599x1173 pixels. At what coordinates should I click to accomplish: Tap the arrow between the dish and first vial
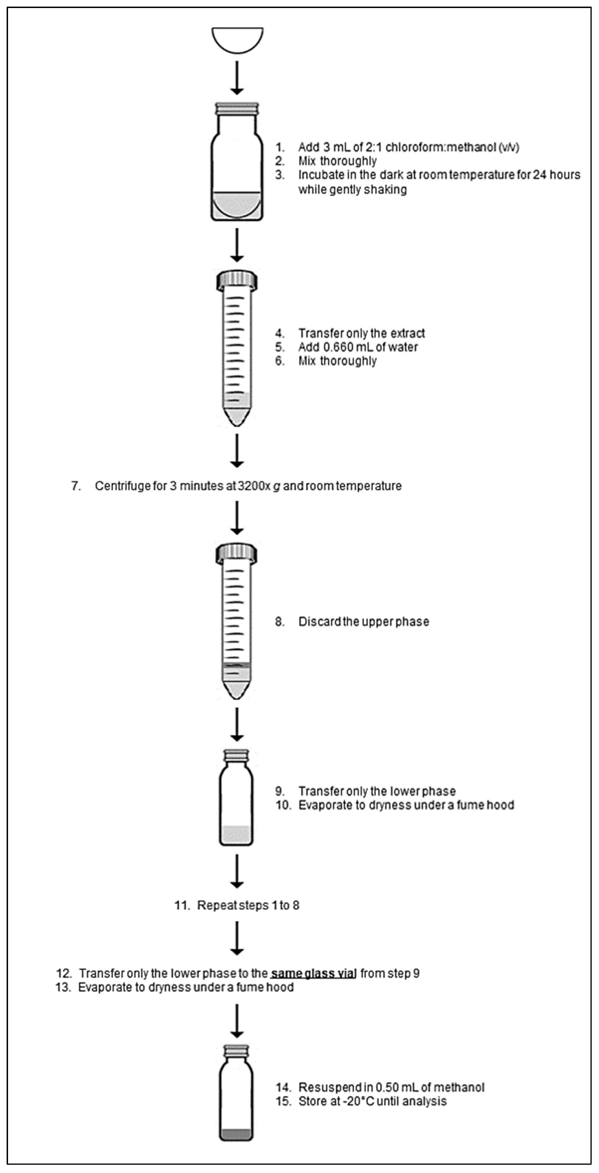tap(237, 77)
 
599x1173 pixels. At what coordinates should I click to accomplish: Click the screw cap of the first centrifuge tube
tap(237, 281)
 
